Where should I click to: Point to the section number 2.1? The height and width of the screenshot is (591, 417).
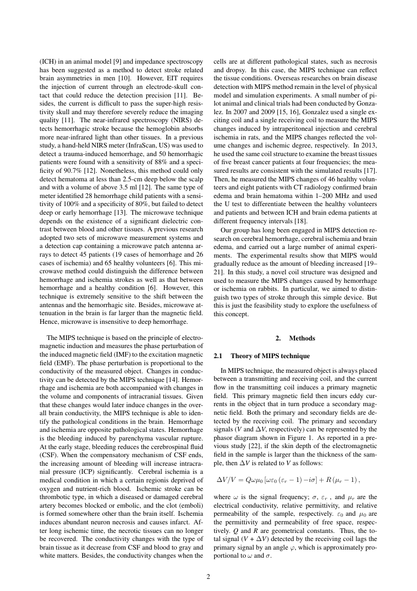pos(218,356)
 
